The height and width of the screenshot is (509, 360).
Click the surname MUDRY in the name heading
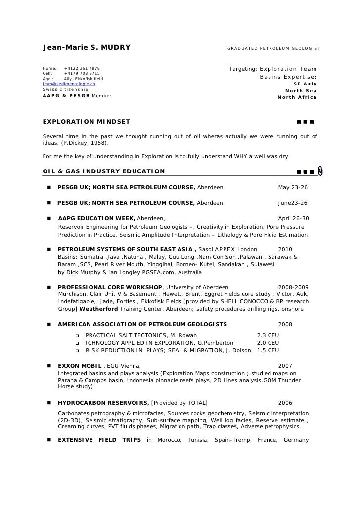click(115, 48)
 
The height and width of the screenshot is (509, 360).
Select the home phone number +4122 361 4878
click(82, 68)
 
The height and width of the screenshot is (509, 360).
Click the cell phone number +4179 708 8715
click(82, 73)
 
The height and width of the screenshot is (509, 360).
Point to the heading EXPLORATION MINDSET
click(87, 121)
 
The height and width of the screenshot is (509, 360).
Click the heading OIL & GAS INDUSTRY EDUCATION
click(104, 171)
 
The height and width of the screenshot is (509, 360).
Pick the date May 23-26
click(293, 188)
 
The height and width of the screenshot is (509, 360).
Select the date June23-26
click(293, 203)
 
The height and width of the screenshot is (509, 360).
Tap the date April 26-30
click(294, 218)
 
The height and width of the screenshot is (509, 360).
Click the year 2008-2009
click(293, 287)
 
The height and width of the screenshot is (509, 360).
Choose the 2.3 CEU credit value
click(268, 335)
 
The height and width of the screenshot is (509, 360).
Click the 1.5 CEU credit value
click(268, 351)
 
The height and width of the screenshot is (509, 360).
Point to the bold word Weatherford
click(98, 309)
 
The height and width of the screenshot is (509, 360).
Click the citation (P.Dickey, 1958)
click(76, 143)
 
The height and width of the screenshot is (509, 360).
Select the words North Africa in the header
click(297, 97)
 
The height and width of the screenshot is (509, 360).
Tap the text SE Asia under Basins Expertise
click(305, 84)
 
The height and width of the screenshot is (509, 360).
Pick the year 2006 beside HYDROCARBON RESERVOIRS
click(285, 403)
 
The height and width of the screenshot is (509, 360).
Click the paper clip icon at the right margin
click(320, 170)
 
